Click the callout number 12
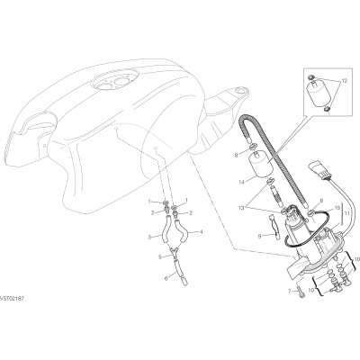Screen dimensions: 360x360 coord(344,81)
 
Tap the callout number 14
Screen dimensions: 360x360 coord(242,182)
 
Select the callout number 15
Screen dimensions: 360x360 coord(337,208)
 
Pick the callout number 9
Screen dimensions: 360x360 coord(260,237)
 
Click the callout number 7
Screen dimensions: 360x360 coord(289,291)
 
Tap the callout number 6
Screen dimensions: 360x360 coord(166,279)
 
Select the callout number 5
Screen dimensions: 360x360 coord(160,256)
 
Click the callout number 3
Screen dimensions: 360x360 coord(149,238)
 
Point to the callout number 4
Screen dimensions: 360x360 coord(202,231)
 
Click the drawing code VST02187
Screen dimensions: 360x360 coord(12,299)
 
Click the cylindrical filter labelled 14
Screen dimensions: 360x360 coord(261,164)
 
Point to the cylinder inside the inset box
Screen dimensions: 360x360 coord(319,93)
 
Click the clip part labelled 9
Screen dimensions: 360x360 coord(275,228)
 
